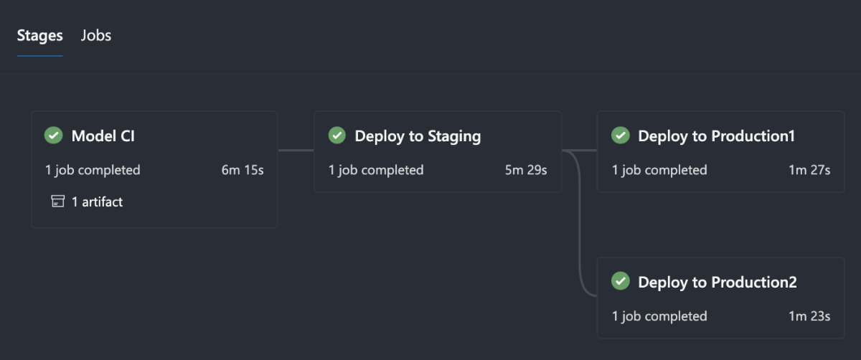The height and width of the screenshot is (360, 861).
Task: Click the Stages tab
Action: (x=40, y=35)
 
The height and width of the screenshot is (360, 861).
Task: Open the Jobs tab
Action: (x=96, y=35)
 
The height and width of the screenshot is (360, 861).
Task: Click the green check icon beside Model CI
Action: (x=54, y=136)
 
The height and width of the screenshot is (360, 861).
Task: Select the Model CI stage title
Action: (x=103, y=136)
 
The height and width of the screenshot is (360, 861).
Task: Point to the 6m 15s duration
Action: (x=243, y=170)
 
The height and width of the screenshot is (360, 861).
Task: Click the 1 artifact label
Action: (x=97, y=202)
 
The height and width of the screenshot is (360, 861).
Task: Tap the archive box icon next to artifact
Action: (x=58, y=202)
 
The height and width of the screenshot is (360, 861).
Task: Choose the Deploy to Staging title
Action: (x=418, y=136)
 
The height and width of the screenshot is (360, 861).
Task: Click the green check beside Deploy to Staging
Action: (x=337, y=136)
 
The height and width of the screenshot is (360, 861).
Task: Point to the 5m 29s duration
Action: (x=526, y=170)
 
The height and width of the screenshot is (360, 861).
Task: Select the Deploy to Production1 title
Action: (x=716, y=136)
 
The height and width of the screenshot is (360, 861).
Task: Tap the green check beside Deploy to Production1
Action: (x=621, y=136)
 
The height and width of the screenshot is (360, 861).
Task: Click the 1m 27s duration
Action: (x=809, y=170)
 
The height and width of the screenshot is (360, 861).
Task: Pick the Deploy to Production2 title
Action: (x=717, y=282)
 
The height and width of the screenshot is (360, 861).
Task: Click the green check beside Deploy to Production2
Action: (x=621, y=281)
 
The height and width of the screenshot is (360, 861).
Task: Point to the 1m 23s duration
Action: (x=809, y=316)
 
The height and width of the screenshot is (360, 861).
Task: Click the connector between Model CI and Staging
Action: (x=296, y=151)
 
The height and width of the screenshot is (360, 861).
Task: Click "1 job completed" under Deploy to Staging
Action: (x=376, y=170)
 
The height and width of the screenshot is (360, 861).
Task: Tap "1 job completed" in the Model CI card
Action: (x=93, y=170)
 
